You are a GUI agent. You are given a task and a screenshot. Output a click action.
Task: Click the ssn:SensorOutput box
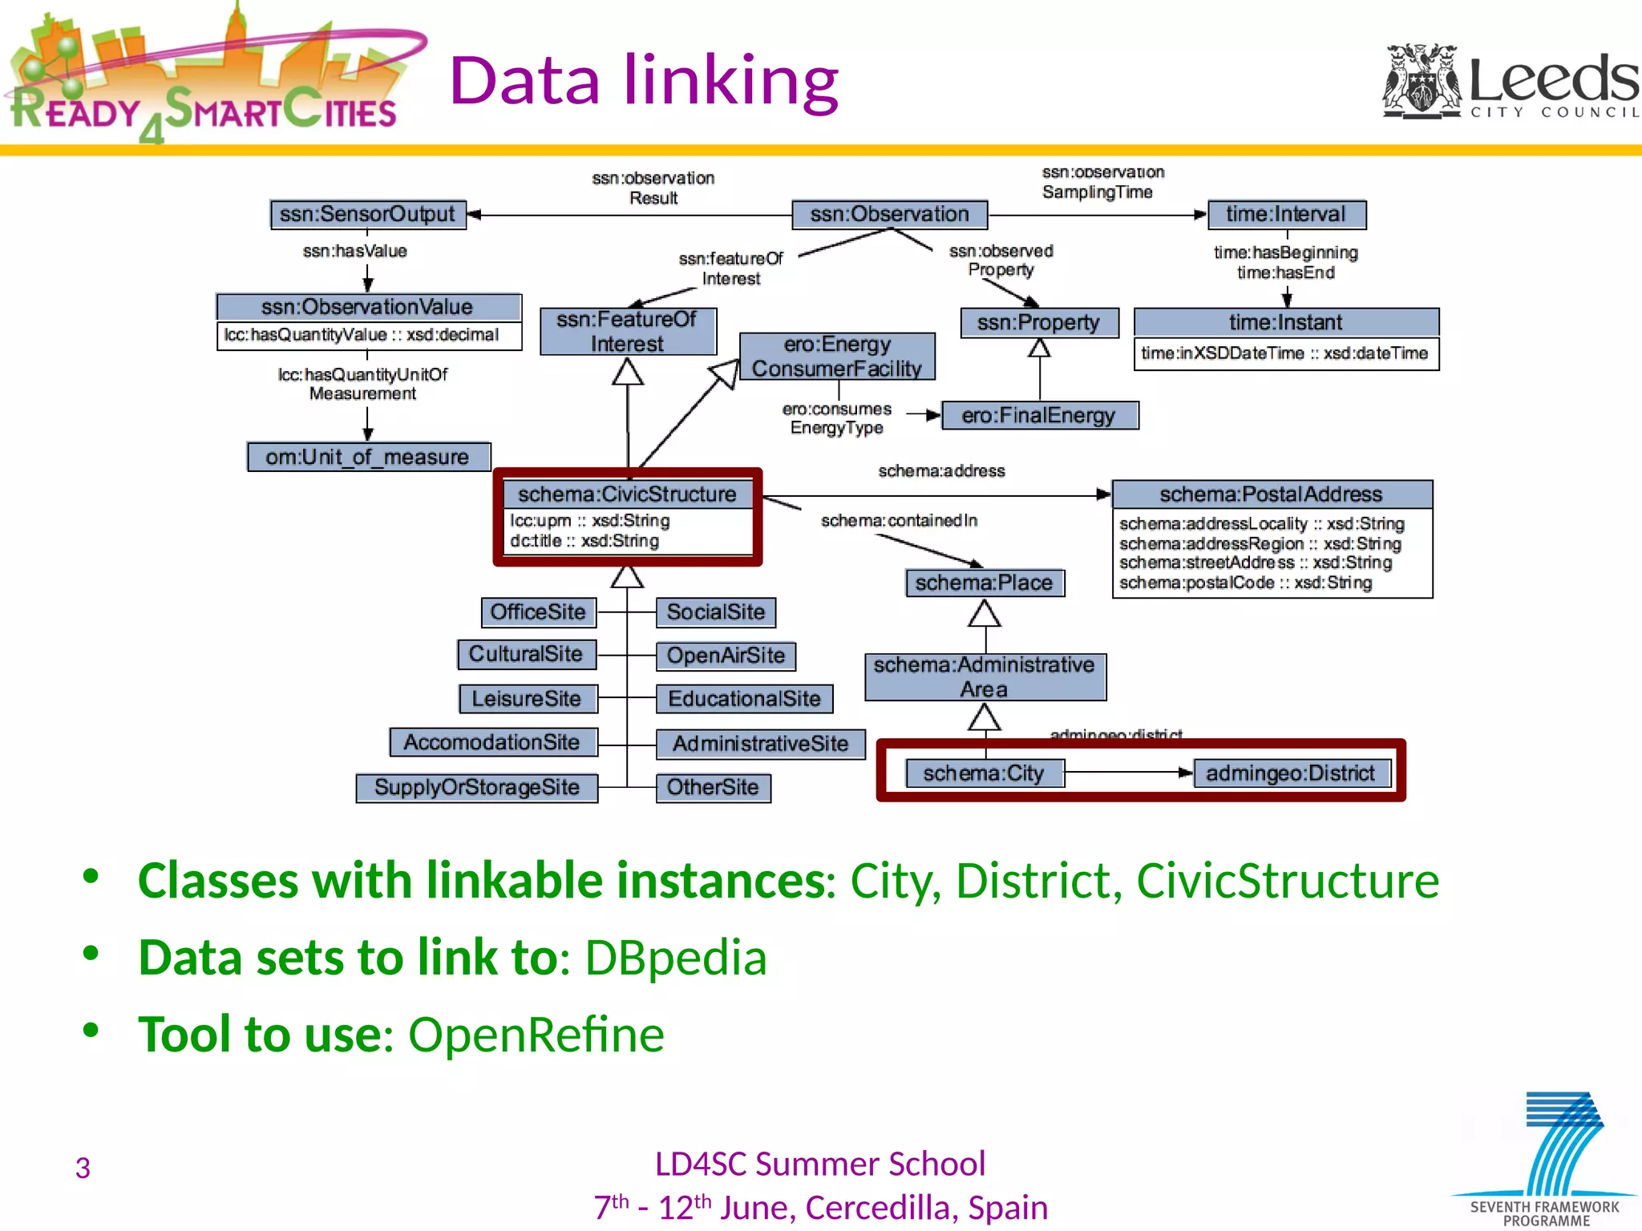368,215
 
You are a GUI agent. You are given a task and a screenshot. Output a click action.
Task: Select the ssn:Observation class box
889,215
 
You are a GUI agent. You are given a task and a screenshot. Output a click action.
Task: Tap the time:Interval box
1285,215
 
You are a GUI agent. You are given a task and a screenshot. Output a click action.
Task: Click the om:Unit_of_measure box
368,457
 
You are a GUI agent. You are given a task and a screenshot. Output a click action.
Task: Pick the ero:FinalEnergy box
1039,415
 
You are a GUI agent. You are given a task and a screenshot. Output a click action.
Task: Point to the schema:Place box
984,583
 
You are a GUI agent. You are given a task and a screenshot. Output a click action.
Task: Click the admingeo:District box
1290,773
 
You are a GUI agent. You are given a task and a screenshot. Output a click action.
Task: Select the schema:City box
984,773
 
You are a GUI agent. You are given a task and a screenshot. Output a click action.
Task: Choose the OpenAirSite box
726,656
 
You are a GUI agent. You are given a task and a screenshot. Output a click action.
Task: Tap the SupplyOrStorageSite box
477,787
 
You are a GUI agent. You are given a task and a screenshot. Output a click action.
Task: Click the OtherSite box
713,787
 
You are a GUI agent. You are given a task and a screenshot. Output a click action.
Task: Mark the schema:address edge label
941,471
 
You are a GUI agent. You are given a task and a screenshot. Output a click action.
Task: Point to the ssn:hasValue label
354,252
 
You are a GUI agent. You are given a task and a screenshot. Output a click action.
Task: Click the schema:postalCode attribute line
1245,583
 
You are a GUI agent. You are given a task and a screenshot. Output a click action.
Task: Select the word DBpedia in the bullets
675,957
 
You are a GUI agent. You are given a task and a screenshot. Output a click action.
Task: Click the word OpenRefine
536,1034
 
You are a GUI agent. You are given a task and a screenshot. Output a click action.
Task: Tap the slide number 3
83,1168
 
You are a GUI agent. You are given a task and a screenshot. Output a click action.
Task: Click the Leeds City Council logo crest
1422,80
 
